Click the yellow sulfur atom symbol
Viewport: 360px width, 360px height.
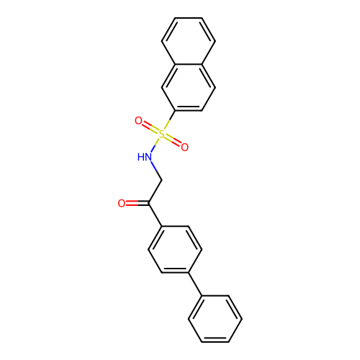coord(161,134)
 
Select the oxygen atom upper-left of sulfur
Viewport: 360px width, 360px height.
coord(138,121)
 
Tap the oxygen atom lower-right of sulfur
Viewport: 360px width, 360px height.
coord(184,148)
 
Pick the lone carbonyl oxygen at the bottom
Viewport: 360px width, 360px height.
coord(122,204)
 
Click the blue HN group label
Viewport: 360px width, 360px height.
coord(145,157)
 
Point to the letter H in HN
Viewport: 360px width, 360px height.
coord(140,157)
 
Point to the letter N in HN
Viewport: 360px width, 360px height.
coord(148,157)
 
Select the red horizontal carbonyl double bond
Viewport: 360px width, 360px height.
coord(132,204)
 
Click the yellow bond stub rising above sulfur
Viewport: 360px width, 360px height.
coord(166,125)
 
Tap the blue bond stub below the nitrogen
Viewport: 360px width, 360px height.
coord(153,166)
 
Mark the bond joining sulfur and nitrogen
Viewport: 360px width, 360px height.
coord(156,144)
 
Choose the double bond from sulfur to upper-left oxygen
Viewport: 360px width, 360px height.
coord(150,127)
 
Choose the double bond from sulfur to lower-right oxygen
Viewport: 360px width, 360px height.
coord(173,140)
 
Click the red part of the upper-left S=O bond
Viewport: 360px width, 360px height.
coord(146,125)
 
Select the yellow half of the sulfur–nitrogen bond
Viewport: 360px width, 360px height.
coord(158,140)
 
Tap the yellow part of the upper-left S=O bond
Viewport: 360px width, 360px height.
coord(154,130)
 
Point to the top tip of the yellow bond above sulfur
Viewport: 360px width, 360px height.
coord(169,120)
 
